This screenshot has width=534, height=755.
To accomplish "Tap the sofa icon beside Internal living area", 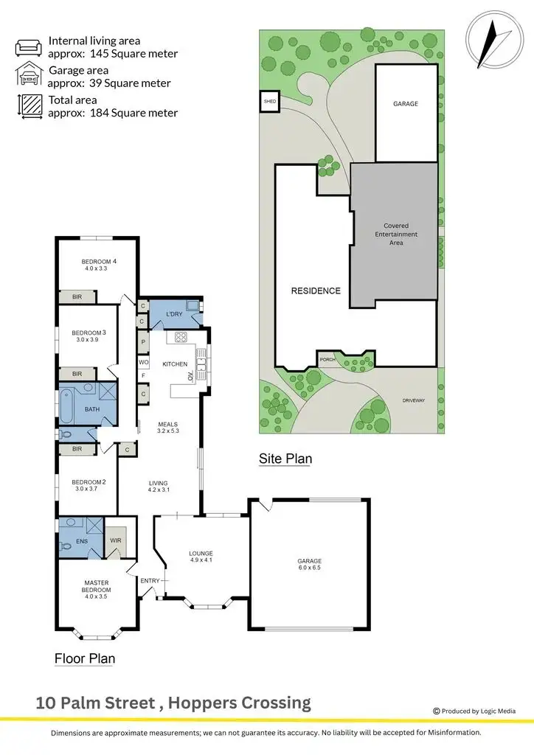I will (30, 47).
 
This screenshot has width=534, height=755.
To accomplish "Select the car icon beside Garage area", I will (30, 76).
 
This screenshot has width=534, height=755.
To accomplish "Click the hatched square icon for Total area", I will (30, 106).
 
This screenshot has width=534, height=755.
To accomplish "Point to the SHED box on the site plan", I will (269, 102).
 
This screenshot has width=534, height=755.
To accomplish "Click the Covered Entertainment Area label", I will (395, 234).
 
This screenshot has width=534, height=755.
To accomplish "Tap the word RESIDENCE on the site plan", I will (316, 290).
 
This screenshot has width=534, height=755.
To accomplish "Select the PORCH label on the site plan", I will (327, 360).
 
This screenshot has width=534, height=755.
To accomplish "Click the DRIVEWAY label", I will (414, 400).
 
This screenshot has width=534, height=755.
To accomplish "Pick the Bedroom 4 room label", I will (99, 262).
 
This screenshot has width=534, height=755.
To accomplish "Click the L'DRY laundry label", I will (174, 315).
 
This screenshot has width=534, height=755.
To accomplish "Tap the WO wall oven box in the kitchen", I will (143, 363).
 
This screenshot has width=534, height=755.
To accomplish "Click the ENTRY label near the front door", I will (150, 581).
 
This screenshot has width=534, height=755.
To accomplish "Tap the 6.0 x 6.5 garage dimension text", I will (309, 569).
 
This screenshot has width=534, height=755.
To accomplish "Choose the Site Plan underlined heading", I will (285, 459).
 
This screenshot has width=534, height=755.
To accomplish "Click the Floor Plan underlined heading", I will (85, 658).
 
